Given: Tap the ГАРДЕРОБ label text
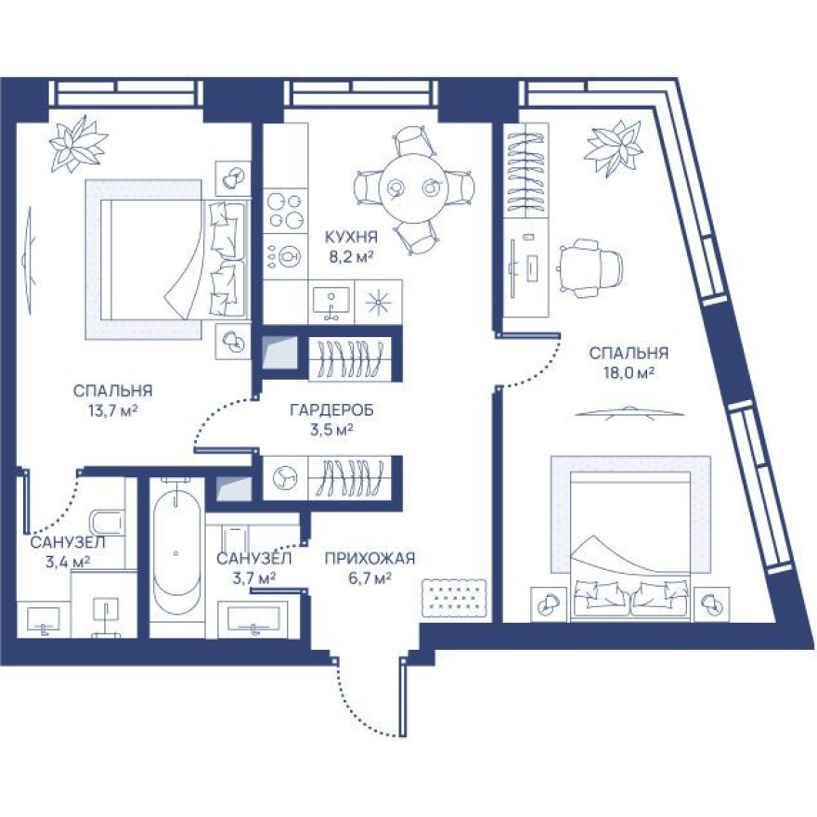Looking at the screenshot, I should tap(320, 408).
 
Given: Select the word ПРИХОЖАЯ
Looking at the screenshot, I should tap(369, 558).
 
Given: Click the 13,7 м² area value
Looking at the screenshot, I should tap(110, 409).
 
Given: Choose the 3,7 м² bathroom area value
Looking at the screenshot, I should tap(253, 578).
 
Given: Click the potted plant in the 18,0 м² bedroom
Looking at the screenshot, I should tap(613, 146).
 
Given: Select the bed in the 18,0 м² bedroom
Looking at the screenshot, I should tap(630, 538).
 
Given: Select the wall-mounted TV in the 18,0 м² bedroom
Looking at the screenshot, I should tap(629, 410).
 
